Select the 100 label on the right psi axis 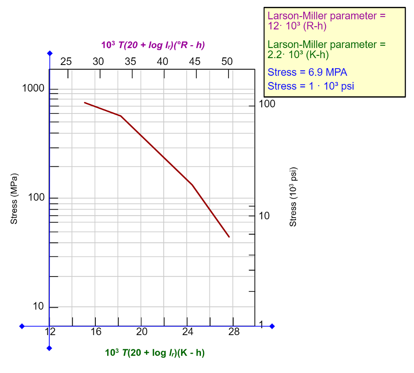coord(267,104)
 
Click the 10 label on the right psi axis coord(264,216)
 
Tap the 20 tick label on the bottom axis coord(141,332)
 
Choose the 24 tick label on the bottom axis coord(188,332)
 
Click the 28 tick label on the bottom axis coord(234,332)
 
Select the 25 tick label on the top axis coord(66,61)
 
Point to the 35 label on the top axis coord(130,61)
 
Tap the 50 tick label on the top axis coord(227,61)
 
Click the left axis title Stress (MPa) coord(14,199)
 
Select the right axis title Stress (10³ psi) coord(293,197)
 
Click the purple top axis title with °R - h coord(153,45)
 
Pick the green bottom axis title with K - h coord(155,352)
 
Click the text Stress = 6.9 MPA coord(307,73)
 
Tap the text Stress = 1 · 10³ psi coord(310,86)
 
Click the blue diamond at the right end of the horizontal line coord(272,326)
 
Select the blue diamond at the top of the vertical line coord(50,53)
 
